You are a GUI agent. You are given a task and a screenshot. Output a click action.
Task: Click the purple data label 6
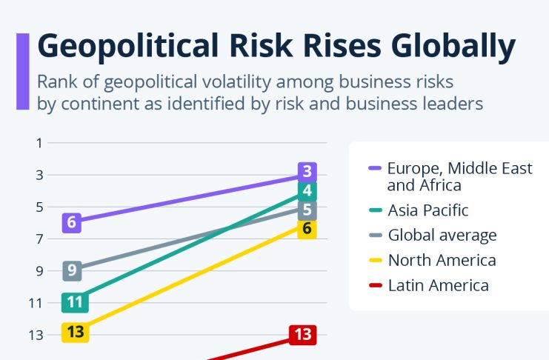tap(72, 221)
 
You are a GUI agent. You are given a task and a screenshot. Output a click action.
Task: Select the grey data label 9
tap(73, 270)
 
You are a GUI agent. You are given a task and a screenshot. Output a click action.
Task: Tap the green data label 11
tap(75, 302)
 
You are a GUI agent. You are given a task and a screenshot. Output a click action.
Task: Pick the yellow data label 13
tap(75, 332)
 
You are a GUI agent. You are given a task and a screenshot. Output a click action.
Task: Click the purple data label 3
tap(307, 173)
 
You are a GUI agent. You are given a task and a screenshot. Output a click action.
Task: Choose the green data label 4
tap(307, 191)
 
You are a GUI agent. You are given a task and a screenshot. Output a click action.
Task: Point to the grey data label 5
tap(307, 210)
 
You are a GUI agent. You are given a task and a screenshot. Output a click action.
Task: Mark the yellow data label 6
tap(307, 228)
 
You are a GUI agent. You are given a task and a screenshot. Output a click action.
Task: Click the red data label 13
tap(302, 334)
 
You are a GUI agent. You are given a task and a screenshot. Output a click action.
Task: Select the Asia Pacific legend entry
tap(427, 210)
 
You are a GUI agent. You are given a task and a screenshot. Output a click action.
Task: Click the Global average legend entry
tap(442, 236)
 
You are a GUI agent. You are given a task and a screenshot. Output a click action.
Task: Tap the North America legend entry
tap(442, 260)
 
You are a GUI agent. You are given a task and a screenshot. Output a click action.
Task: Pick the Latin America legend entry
tap(438, 285)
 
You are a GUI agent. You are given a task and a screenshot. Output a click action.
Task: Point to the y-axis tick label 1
tap(39, 143)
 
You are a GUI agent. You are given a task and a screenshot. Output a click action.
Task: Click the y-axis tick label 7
tap(39, 239)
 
